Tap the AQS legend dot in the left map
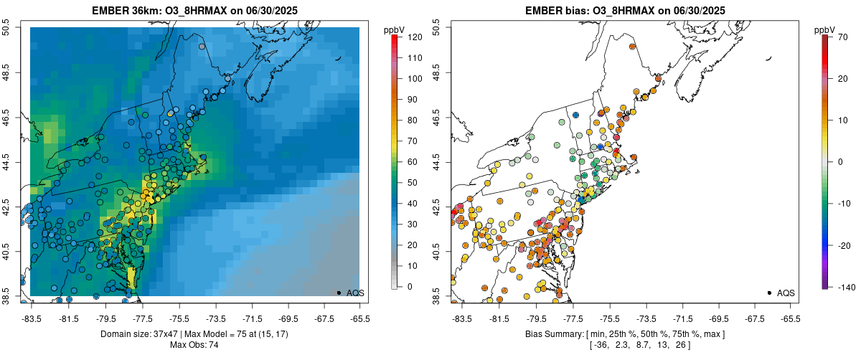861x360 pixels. tap(339, 293)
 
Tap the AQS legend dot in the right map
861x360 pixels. tap(769, 293)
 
